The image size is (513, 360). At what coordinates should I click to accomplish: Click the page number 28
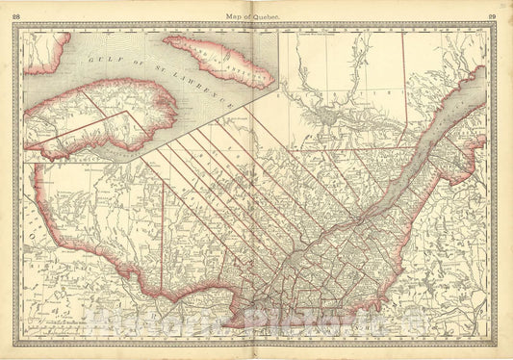tap(16, 17)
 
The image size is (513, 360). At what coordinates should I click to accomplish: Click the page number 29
tap(493, 17)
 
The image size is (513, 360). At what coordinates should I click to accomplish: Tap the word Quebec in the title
tap(266, 17)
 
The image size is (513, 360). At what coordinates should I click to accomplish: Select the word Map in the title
tap(233, 17)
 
